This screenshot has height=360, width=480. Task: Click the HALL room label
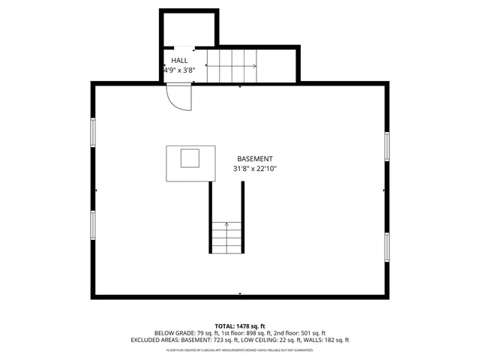pyautogui.click(x=180, y=60)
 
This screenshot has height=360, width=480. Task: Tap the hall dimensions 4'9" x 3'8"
pyautogui.click(x=180, y=70)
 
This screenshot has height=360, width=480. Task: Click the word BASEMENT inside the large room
pyautogui.click(x=255, y=159)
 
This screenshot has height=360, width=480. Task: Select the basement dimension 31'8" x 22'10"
pyautogui.click(x=255, y=169)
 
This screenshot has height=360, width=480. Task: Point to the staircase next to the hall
pyautogui.click(x=232, y=66)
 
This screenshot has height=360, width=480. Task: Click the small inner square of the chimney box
pyautogui.click(x=190, y=158)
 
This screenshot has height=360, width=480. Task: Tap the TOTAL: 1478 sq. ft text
pyautogui.click(x=240, y=325)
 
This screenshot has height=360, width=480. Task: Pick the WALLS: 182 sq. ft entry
pyautogui.click(x=327, y=340)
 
